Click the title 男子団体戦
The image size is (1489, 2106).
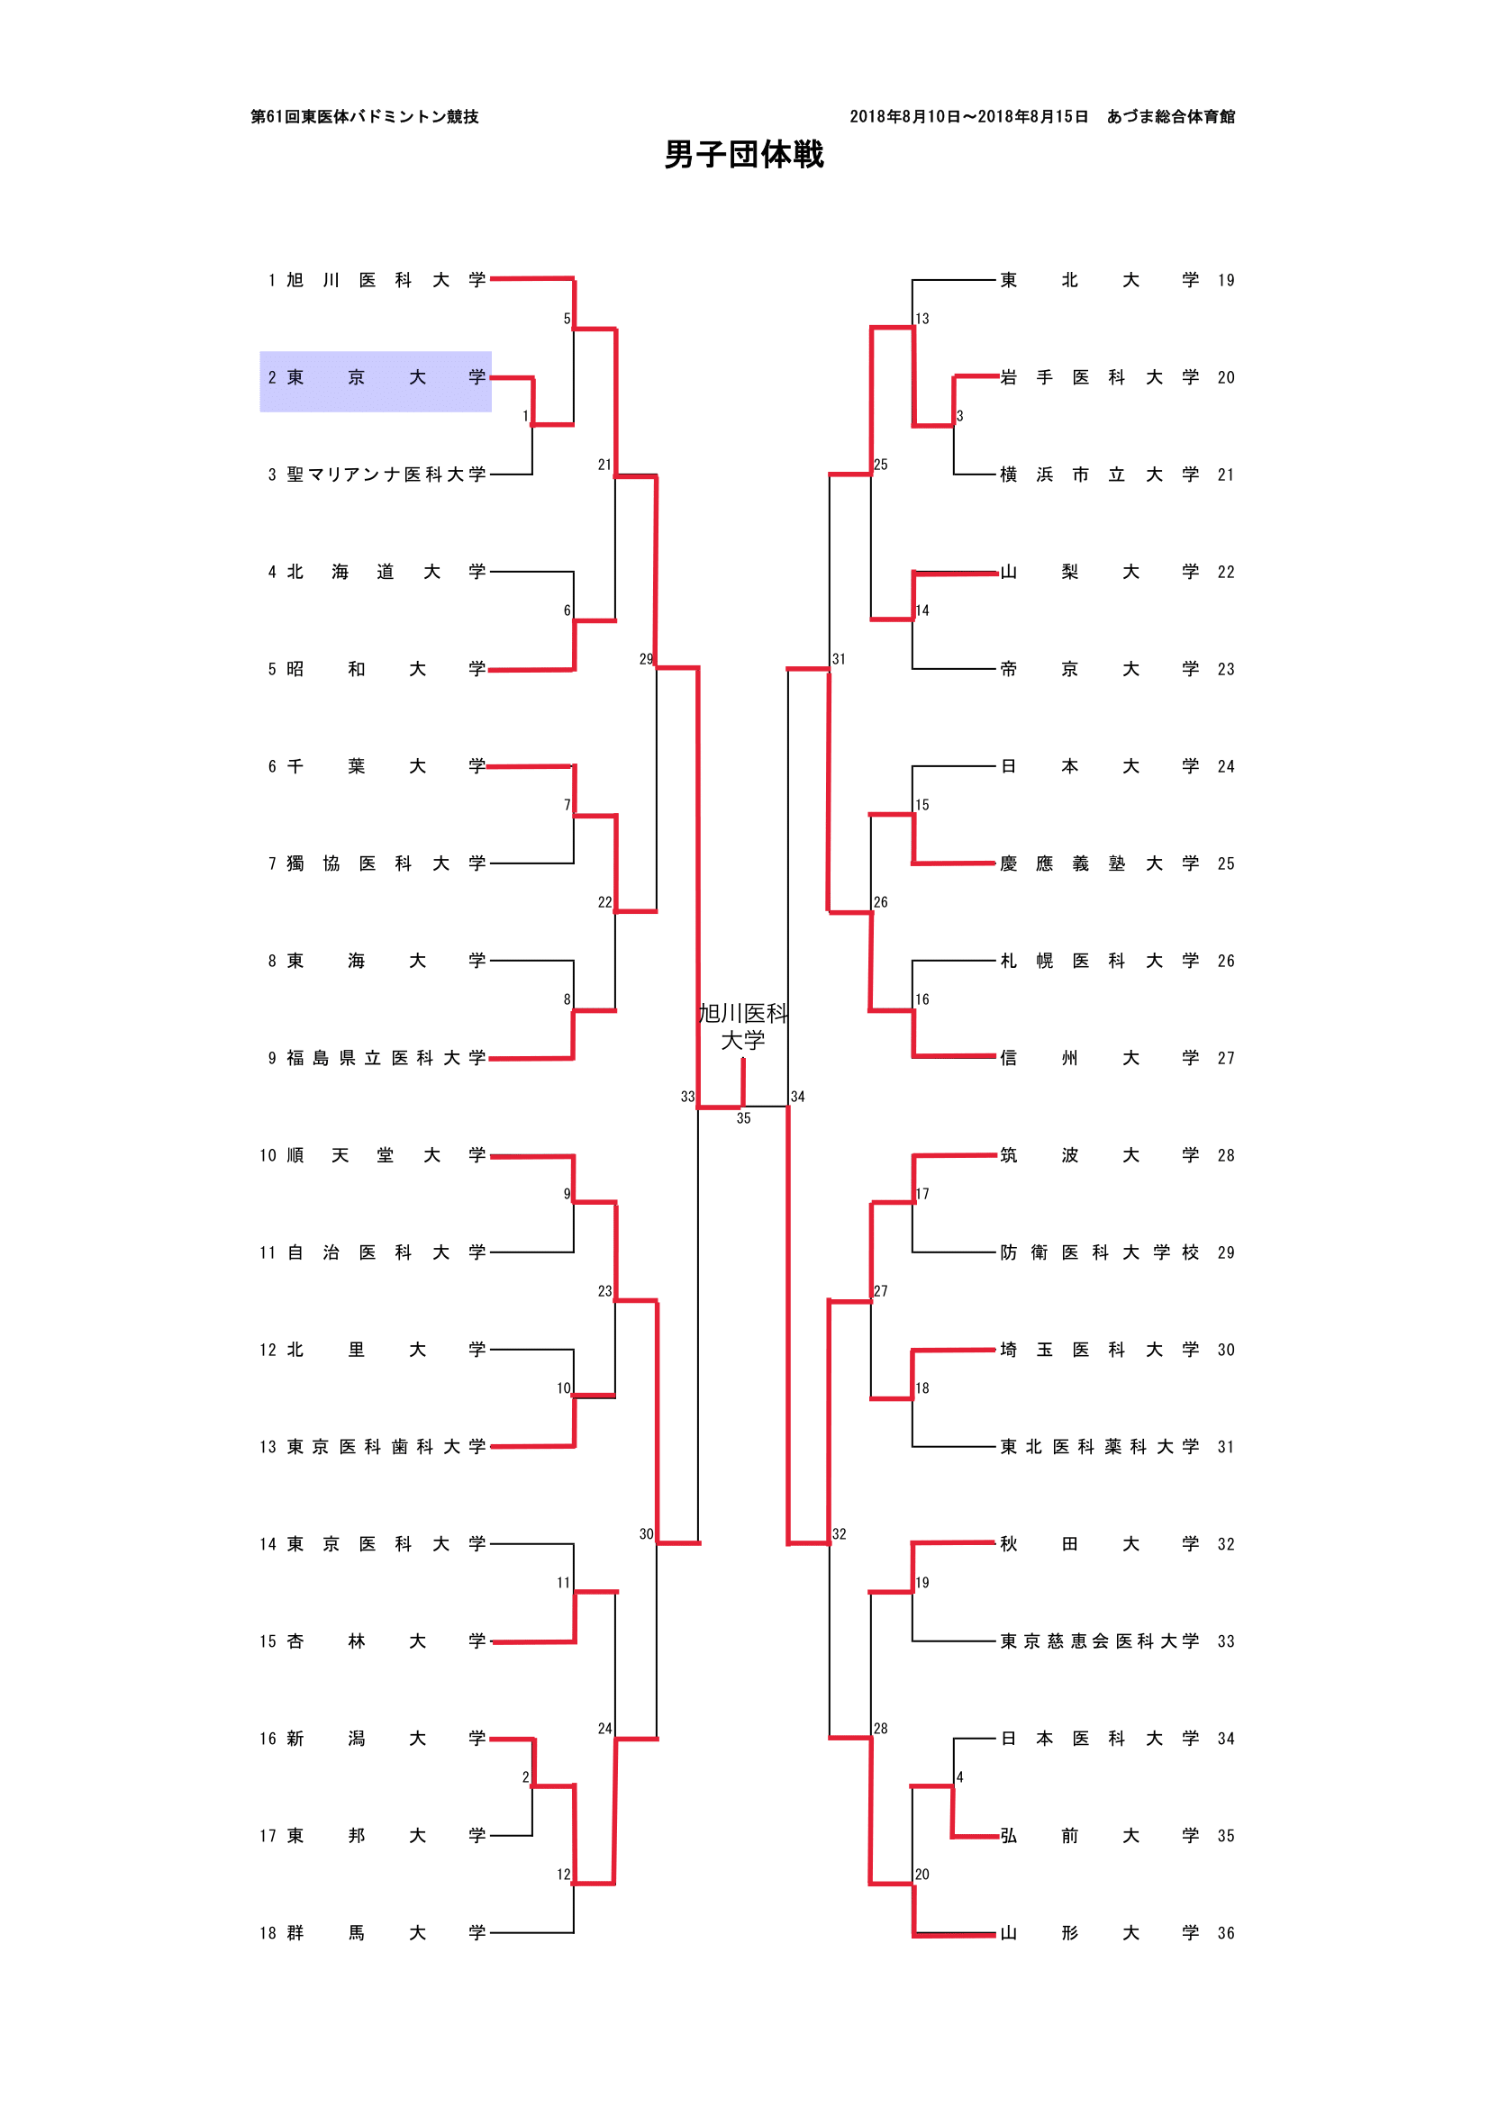click(x=743, y=154)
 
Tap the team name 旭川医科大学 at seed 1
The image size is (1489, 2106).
click(x=386, y=281)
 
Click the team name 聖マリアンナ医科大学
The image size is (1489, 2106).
click(x=386, y=475)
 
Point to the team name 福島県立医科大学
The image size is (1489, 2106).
click(x=386, y=1059)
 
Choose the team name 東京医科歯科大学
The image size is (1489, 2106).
click(x=386, y=1448)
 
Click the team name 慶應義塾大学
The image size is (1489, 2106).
click(x=1099, y=864)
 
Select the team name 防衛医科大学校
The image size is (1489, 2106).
click(x=1099, y=1253)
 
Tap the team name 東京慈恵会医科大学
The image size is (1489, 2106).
click(x=1099, y=1642)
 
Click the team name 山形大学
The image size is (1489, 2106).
click(x=1099, y=1933)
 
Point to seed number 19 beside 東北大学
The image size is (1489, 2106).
click(x=1226, y=281)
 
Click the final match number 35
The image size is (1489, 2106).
click(x=743, y=1119)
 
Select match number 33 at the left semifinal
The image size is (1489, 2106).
click(x=687, y=1097)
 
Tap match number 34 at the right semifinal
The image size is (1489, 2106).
click(x=798, y=1097)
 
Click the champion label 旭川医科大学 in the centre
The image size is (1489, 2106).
click(x=743, y=1026)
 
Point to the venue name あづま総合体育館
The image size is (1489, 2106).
click(x=1171, y=116)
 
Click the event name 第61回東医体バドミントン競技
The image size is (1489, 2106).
click(x=364, y=116)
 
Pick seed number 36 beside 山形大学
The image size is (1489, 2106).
click(x=1226, y=1933)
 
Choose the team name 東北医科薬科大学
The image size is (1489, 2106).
click(x=1099, y=1448)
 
